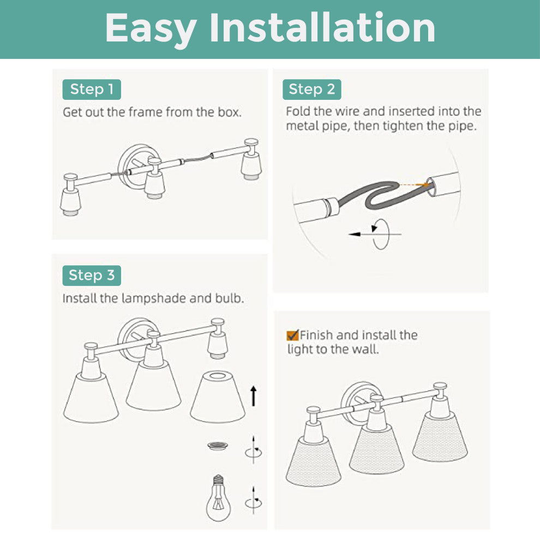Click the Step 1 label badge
(x=92, y=89)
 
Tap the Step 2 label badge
(x=311, y=89)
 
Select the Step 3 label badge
(x=92, y=275)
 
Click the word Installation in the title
(x=322, y=28)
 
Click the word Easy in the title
(x=151, y=31)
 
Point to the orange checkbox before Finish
(x=292, y=335)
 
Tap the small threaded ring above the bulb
(x=218, y=446)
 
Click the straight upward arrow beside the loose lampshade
(x=254, y=395)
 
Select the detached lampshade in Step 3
(x=218, y=397)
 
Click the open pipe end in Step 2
(x=431, y=187)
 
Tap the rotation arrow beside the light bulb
(x=254, y=501)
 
